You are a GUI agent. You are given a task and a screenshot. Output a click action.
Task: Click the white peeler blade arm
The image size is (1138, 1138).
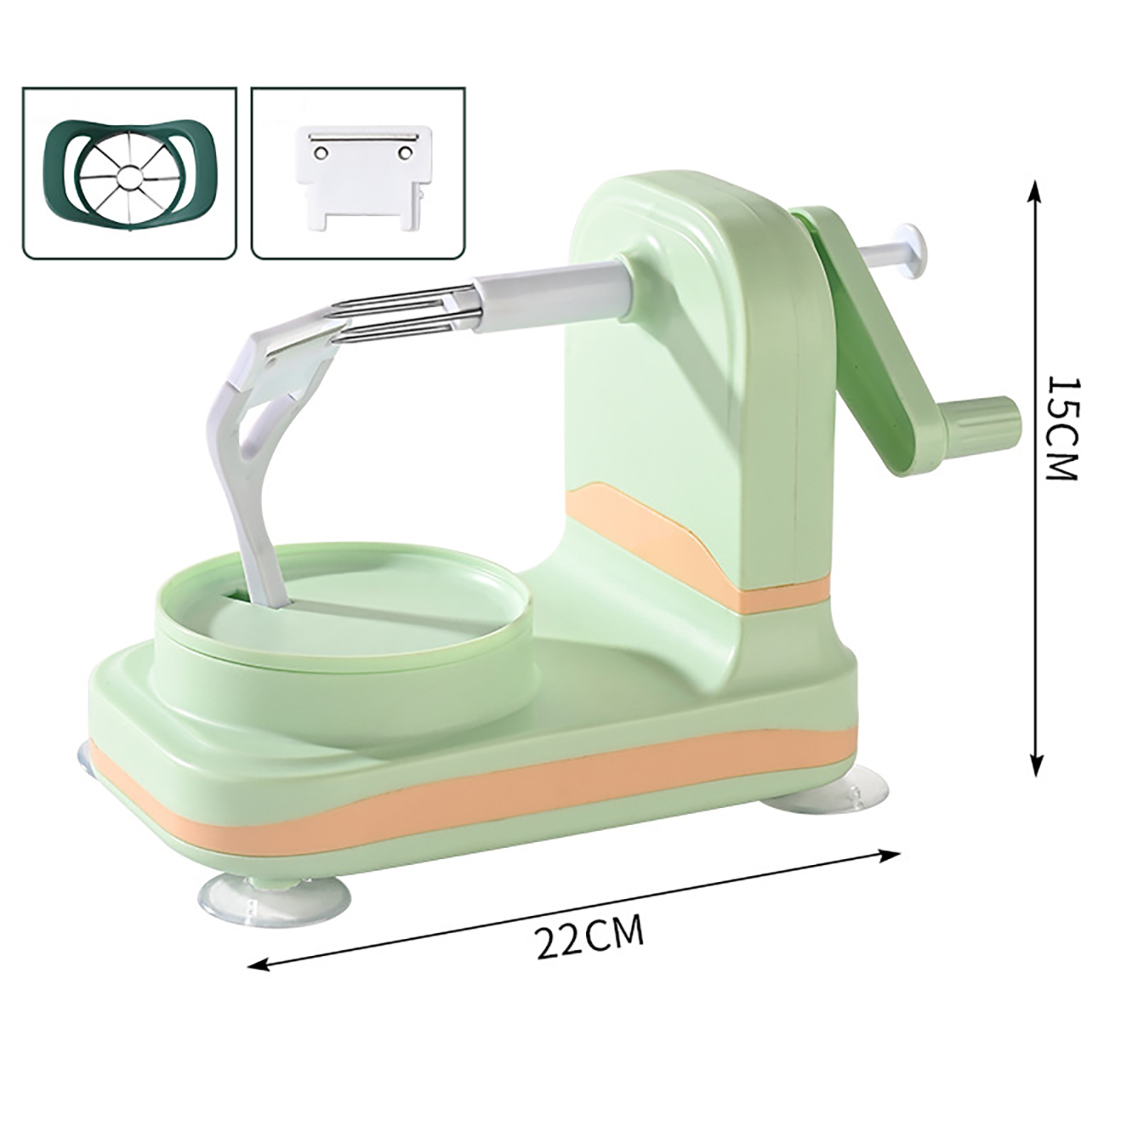[263, 441]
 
